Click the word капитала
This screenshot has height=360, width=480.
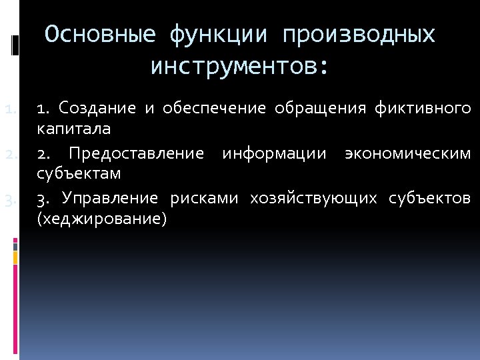pos(73,127)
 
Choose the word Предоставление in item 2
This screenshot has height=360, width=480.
pos(136,155)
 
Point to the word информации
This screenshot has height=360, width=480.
pos(274,155)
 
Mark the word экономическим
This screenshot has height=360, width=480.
pos(407,155)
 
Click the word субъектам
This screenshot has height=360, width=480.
pos(79,174)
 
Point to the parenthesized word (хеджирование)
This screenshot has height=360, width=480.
pos(101,218)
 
